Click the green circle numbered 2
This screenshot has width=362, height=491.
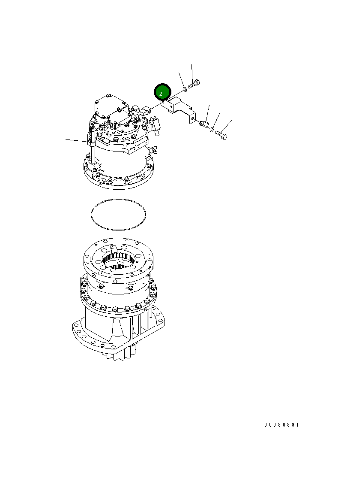[162, 93]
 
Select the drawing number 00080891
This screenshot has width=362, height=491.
[281, 425]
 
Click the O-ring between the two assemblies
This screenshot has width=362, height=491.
[119, 215]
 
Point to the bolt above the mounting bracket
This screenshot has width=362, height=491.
[194, 84]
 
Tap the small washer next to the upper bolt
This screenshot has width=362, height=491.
[185, 90]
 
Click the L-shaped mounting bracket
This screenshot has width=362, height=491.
[179, 109]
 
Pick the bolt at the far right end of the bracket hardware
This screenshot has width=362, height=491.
[221, 135]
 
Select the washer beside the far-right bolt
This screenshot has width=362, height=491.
[212, 130]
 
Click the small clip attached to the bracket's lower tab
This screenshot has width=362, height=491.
[203, 124]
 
